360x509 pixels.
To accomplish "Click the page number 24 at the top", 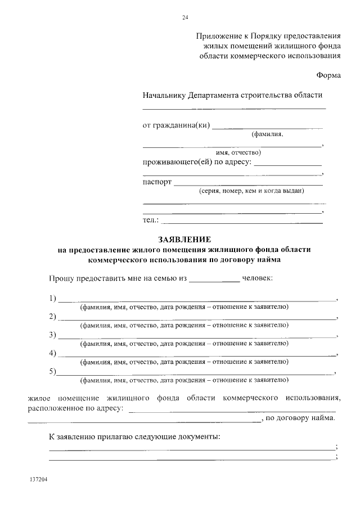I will pos(185,17).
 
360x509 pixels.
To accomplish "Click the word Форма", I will pos(328,75).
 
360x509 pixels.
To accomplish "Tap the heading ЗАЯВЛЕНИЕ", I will pos(184,240).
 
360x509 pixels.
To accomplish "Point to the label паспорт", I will pos(157,182).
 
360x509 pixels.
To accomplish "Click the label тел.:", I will pos(151,219).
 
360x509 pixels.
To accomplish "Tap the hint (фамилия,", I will pos(267,134).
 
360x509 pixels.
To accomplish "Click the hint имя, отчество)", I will pos(238,152).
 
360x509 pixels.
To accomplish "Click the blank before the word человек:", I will pos(214,280).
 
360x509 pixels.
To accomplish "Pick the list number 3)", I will pos(53,335).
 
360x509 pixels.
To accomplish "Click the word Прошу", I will pos(61,278).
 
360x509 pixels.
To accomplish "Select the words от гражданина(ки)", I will pos(176,125).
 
